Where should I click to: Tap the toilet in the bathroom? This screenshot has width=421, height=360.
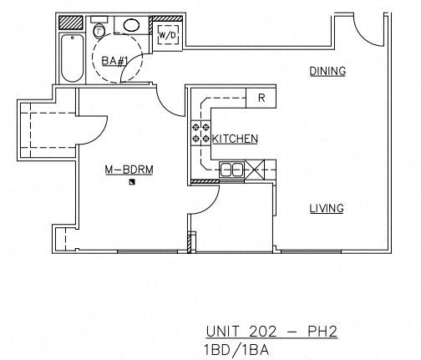click(x=100, y=32)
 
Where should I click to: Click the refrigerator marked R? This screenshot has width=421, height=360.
click(x=261, y=98)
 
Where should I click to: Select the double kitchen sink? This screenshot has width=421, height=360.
click(x=231, y=170)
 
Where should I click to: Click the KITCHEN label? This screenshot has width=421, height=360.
click(x=235, y=139)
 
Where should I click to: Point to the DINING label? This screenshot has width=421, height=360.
click(x=327, y=72)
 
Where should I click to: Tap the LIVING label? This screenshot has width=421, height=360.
click(x=327, y=209)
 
